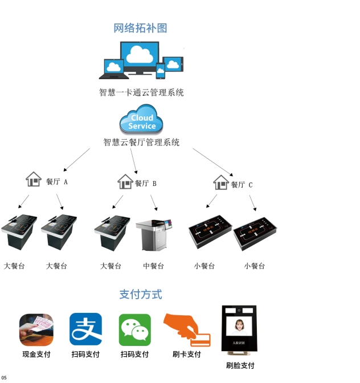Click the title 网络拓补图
(140, 28)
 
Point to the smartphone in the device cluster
(161, 71)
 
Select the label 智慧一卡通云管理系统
(141, 92)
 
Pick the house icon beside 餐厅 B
(125, 181)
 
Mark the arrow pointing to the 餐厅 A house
(76, 160)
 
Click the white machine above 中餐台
(153, 233)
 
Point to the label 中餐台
(153, 266)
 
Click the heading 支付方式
(141, 294)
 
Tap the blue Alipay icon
(85, 329)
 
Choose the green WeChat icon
(135, 329)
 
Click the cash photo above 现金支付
(36, 329)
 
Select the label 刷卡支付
(187, 354)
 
